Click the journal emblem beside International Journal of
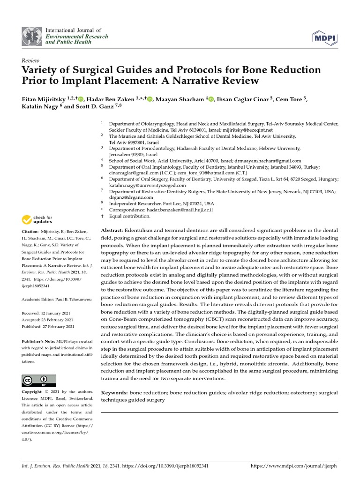(x=31, y=36)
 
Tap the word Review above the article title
(x=30, y=61)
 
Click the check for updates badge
(x=37, y=219)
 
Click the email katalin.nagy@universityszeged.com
(x=147, y=185)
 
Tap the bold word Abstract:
(x=112, y=231)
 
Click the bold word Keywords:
(x=114, y=392)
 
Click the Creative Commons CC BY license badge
(x=39, y=380)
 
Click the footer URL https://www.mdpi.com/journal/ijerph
(x=294, y=466)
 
